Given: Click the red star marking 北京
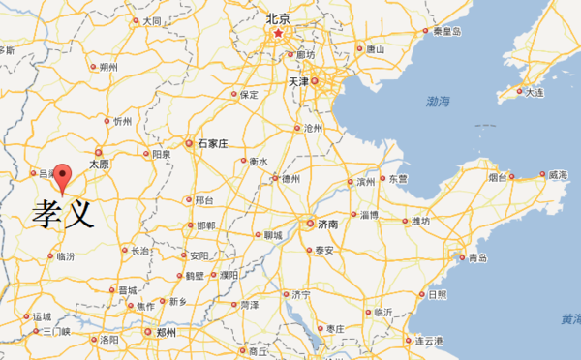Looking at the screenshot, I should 278,34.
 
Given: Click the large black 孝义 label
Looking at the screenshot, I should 63,213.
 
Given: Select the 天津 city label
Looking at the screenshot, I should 300,82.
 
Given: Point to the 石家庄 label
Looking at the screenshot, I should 211,143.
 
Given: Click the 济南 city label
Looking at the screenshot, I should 326,224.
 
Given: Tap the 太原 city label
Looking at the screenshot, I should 99,165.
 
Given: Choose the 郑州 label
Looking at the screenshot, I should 165,332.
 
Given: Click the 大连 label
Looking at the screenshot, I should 535,92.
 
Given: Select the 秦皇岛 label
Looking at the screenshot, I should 446,32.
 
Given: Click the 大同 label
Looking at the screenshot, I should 151,20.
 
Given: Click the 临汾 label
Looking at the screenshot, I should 66,256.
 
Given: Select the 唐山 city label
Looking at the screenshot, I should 376,48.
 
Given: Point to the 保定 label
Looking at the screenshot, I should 249,95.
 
